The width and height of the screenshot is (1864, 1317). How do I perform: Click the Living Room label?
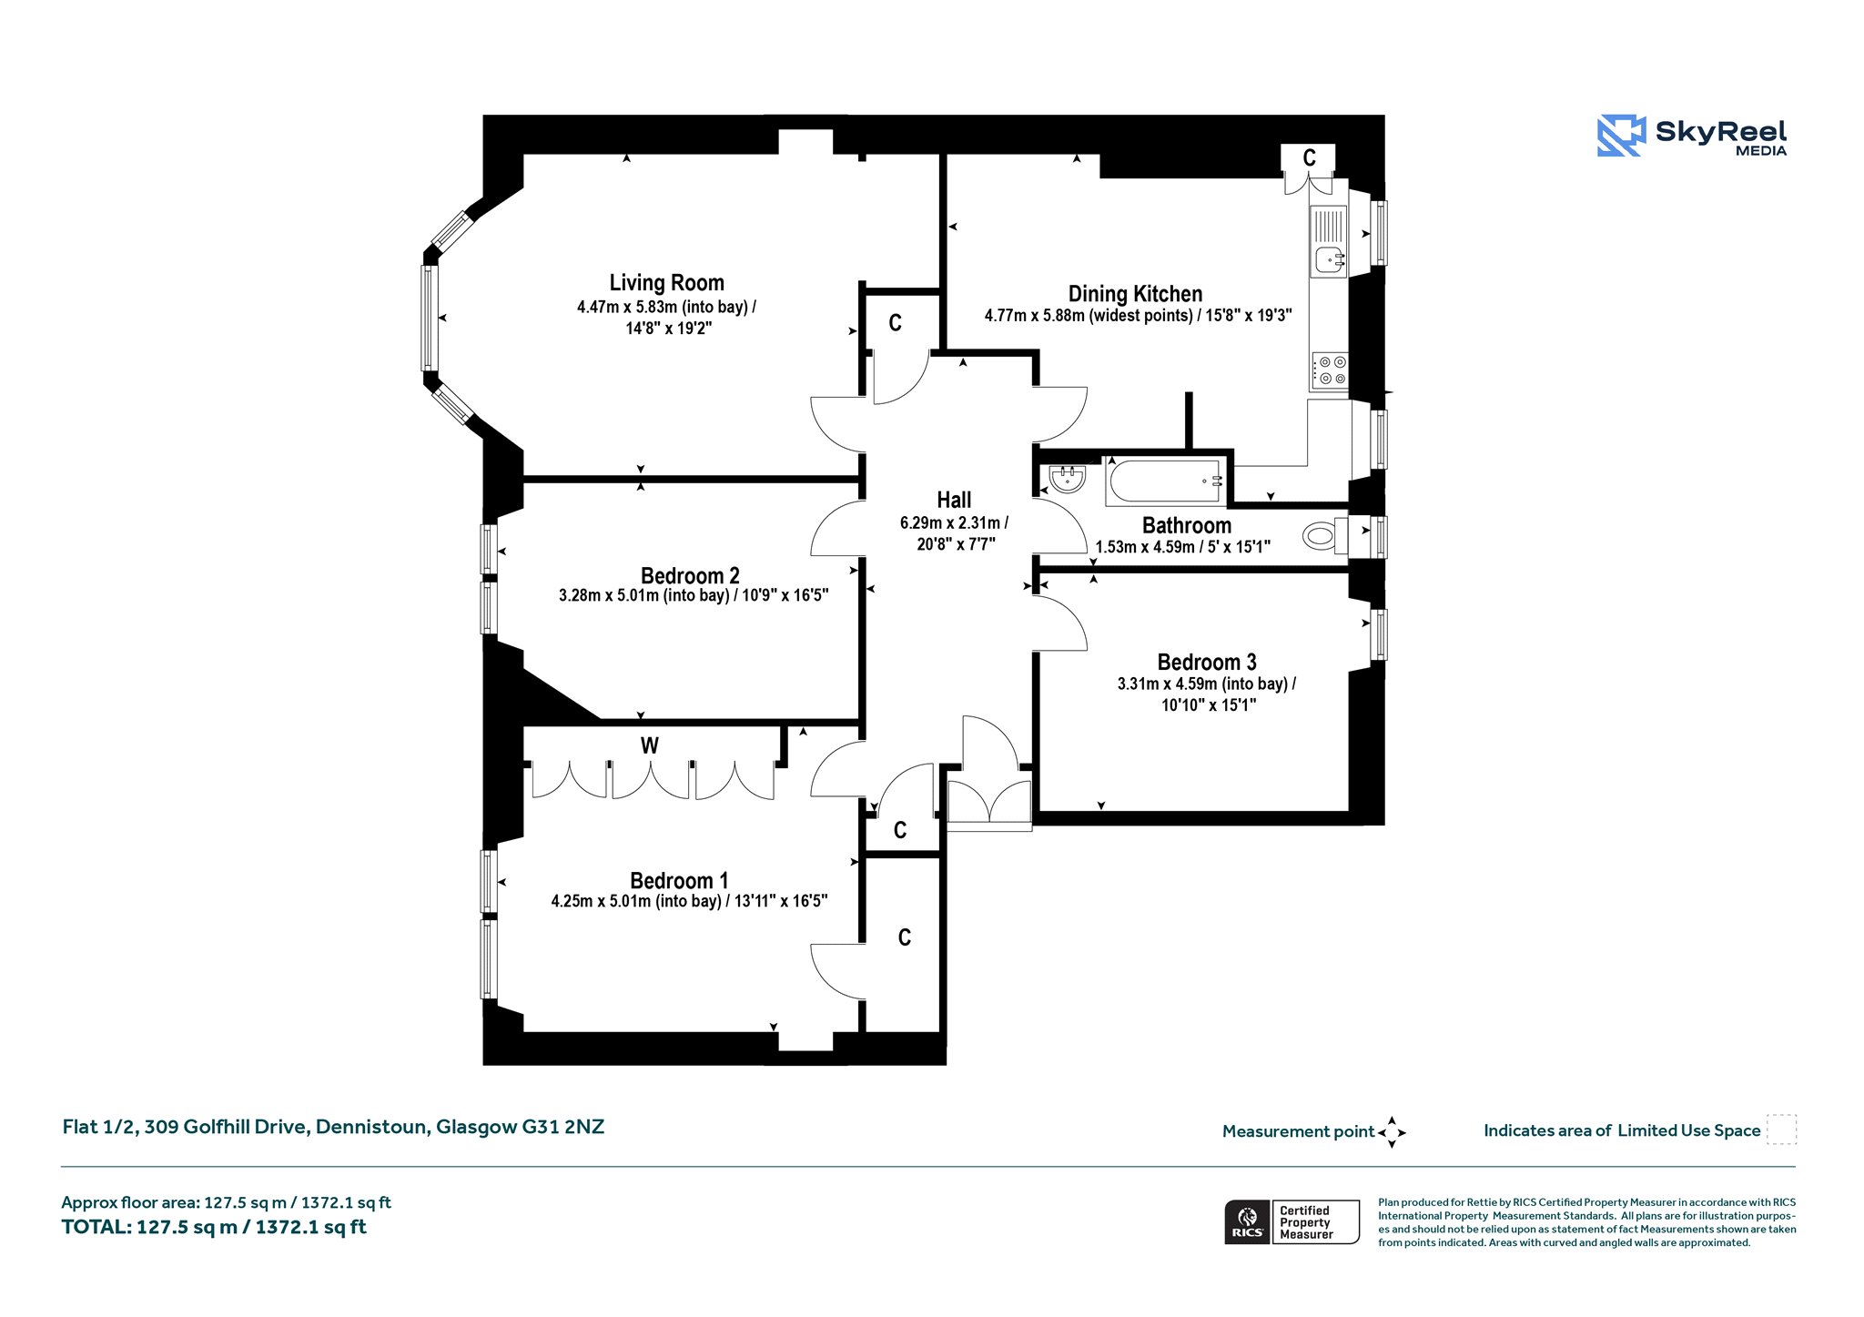(x=667, y=283)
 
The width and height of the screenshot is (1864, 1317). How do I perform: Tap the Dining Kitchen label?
(x=1135, y=294)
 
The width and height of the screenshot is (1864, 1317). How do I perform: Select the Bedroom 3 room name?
(x=1207, y=662)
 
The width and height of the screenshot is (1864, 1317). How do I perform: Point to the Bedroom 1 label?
(x=679, y=880)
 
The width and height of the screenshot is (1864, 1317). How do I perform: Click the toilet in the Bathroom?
(x=1325, y=536)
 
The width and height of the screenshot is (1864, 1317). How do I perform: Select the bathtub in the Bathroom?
(x=1164, y=481)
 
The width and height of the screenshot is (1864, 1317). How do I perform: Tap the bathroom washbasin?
(x=1067, y=478)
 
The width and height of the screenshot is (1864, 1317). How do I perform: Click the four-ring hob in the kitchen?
(x=1330, y=370)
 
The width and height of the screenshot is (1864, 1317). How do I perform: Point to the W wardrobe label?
(x=649, y=746)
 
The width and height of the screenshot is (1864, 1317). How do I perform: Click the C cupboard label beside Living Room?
(x=896, y=323)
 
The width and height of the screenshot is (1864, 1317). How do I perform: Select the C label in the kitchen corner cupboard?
(x=1309, y=158)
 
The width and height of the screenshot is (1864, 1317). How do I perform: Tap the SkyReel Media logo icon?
(x=1621, y=136)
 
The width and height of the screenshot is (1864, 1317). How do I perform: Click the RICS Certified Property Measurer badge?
(x=1292, y=1222)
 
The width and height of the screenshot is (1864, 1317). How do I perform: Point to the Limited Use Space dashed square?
(x=1781, y=1130)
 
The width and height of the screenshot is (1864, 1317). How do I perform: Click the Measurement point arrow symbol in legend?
(x=1392, y=1132)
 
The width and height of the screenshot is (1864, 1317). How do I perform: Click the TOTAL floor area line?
(x=214, y=1227)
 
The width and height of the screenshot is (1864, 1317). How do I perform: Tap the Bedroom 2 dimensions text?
(x=694, y=596)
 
